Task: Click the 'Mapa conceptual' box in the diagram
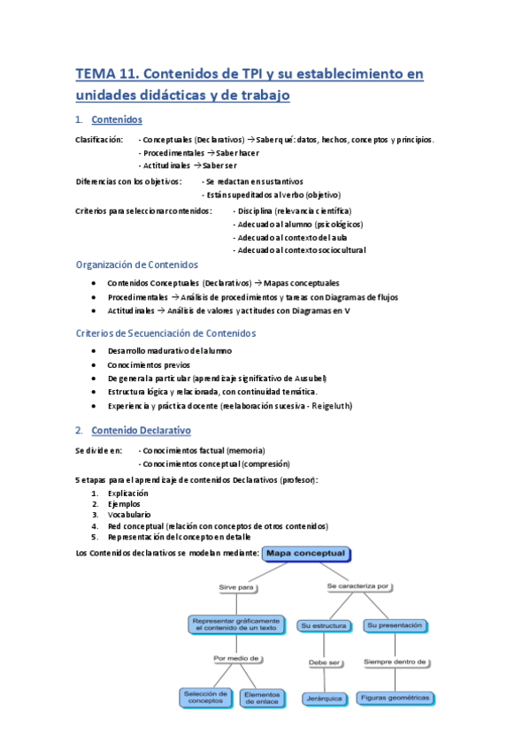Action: [309, 555]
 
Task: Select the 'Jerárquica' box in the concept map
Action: [321, 699]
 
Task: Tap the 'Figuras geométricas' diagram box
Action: [396, 698]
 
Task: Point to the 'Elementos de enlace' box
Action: [262, 697]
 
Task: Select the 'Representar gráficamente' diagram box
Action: [236, 624]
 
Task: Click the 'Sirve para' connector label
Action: [237, 587]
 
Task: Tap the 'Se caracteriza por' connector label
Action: [358, 585]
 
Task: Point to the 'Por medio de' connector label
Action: [236, 658]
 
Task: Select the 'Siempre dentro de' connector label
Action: [396, 661]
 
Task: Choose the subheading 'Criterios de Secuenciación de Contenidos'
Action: [165, 333]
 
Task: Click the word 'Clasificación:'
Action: [99, 140]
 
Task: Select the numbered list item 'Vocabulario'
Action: [129, 514]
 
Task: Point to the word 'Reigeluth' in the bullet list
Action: [383, 405]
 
